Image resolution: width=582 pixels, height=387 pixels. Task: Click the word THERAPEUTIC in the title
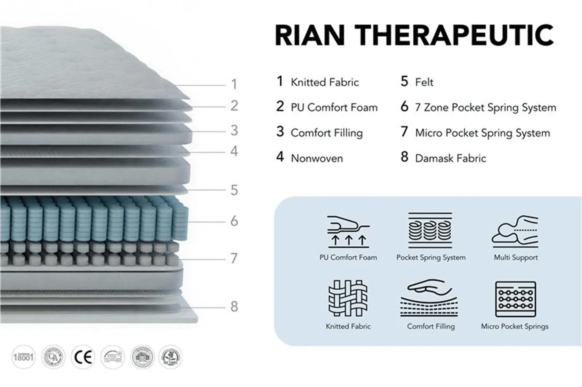[x=454, y=35]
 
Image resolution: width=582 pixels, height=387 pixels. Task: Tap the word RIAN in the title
[x=310, y=35]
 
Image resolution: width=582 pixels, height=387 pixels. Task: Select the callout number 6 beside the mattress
[x=234, y=221]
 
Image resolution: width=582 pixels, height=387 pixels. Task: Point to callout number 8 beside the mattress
[x=234, y=307]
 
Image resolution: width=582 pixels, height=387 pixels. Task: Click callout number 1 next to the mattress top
[x=234, y=84]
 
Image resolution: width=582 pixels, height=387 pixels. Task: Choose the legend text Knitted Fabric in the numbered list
[x=325, y=82]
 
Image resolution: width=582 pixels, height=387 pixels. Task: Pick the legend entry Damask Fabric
[x=450, y=158]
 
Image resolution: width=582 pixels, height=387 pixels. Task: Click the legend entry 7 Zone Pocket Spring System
[x=485, y=108]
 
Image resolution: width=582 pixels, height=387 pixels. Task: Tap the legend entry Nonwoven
[x=317, y=158]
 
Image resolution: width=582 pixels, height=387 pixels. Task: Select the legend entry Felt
[x=424, y=82]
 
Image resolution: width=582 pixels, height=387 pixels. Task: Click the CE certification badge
[x=83, y=357]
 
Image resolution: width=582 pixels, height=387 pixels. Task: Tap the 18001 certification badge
[x=23, y=357]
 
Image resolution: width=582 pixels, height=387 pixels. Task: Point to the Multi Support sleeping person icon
[x=515, y=231]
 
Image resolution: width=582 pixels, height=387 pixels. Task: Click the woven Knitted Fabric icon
[x=348, y=298]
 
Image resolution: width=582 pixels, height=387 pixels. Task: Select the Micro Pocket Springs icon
[x=515, y=299]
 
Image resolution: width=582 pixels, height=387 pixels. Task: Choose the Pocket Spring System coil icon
[x=430, y=230]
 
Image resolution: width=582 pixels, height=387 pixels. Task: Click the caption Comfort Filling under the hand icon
[x=431, y=326]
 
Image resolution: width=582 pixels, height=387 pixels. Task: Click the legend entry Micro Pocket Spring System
[x=482, y=133]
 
